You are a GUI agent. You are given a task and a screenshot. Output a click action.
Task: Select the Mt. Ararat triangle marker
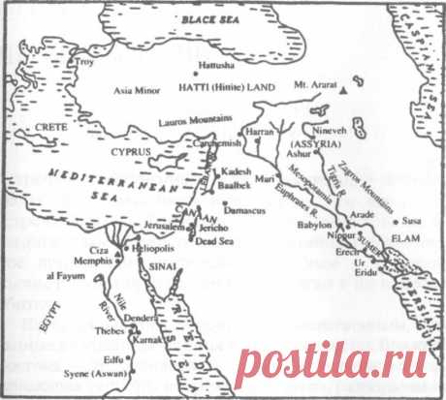[x=343, y=89]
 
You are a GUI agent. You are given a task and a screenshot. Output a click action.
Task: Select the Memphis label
[x=86, y=262]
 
